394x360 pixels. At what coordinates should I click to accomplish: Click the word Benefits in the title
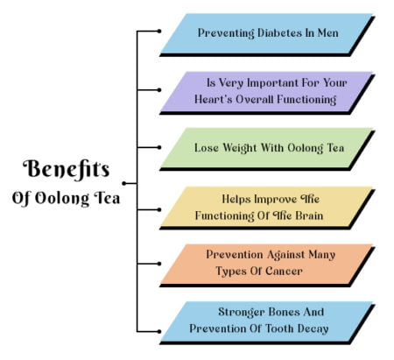[67, 169]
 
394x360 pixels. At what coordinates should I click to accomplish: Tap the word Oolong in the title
[62, 199]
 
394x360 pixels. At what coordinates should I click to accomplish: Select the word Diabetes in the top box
[279, 32]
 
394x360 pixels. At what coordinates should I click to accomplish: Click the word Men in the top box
[327, 32]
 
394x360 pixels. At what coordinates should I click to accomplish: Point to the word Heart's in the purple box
[214, 99]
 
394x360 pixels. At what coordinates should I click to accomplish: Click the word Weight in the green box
[240, 148]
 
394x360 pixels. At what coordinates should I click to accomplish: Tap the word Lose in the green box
[207, 148]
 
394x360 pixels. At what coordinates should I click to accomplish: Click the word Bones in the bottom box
[285, 312]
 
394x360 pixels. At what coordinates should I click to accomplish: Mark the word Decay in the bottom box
[313, 329]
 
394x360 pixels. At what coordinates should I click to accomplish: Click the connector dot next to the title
[124, 183]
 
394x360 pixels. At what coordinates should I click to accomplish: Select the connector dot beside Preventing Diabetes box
[159, 31]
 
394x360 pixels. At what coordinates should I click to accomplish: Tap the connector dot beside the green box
[159, 148]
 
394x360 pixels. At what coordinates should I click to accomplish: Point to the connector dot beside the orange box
[159, 264]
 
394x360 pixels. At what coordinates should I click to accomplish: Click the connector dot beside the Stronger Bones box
[159, 332]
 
